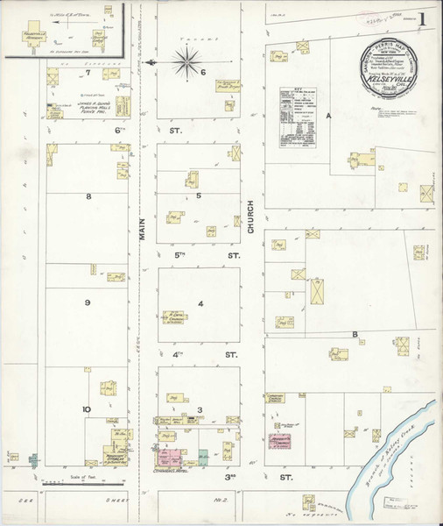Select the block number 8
tap(88, 196)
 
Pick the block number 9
tap(88, 302)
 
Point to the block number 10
tap(87, 409)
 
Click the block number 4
tap(200, 304)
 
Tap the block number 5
tap(199, 195)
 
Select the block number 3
tap(200, 409)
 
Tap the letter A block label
tap(330, 116)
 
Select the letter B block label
tap(355, 335)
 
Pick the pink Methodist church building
tap(281, 443)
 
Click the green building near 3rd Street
tap(203, 457)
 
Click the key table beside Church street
tap(297, 117)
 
